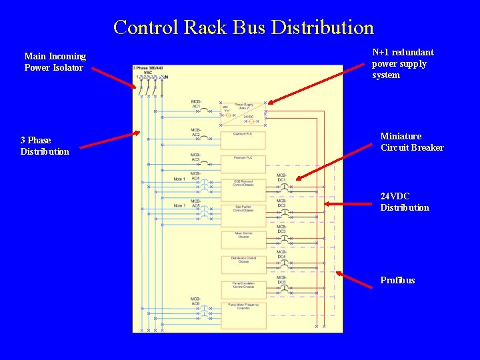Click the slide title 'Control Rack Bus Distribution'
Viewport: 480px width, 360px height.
click(243, 27)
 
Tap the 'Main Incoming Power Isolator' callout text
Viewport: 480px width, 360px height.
click(55, 62)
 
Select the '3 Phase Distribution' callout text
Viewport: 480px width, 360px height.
click(45, 146)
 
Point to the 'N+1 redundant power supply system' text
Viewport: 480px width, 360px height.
click(403, 63)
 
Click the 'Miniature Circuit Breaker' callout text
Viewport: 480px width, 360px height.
click(411, 142)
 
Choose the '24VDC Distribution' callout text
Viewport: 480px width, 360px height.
click(405, 202)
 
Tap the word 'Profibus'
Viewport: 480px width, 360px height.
click(397, 280)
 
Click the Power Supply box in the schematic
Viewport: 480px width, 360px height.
click(243, 111)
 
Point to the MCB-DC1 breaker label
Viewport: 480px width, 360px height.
click(281, 177)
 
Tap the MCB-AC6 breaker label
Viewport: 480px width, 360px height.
click(196, 301)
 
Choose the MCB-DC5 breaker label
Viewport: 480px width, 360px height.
click(281, 280)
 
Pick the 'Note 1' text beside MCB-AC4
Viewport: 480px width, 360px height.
click(179, 179)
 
